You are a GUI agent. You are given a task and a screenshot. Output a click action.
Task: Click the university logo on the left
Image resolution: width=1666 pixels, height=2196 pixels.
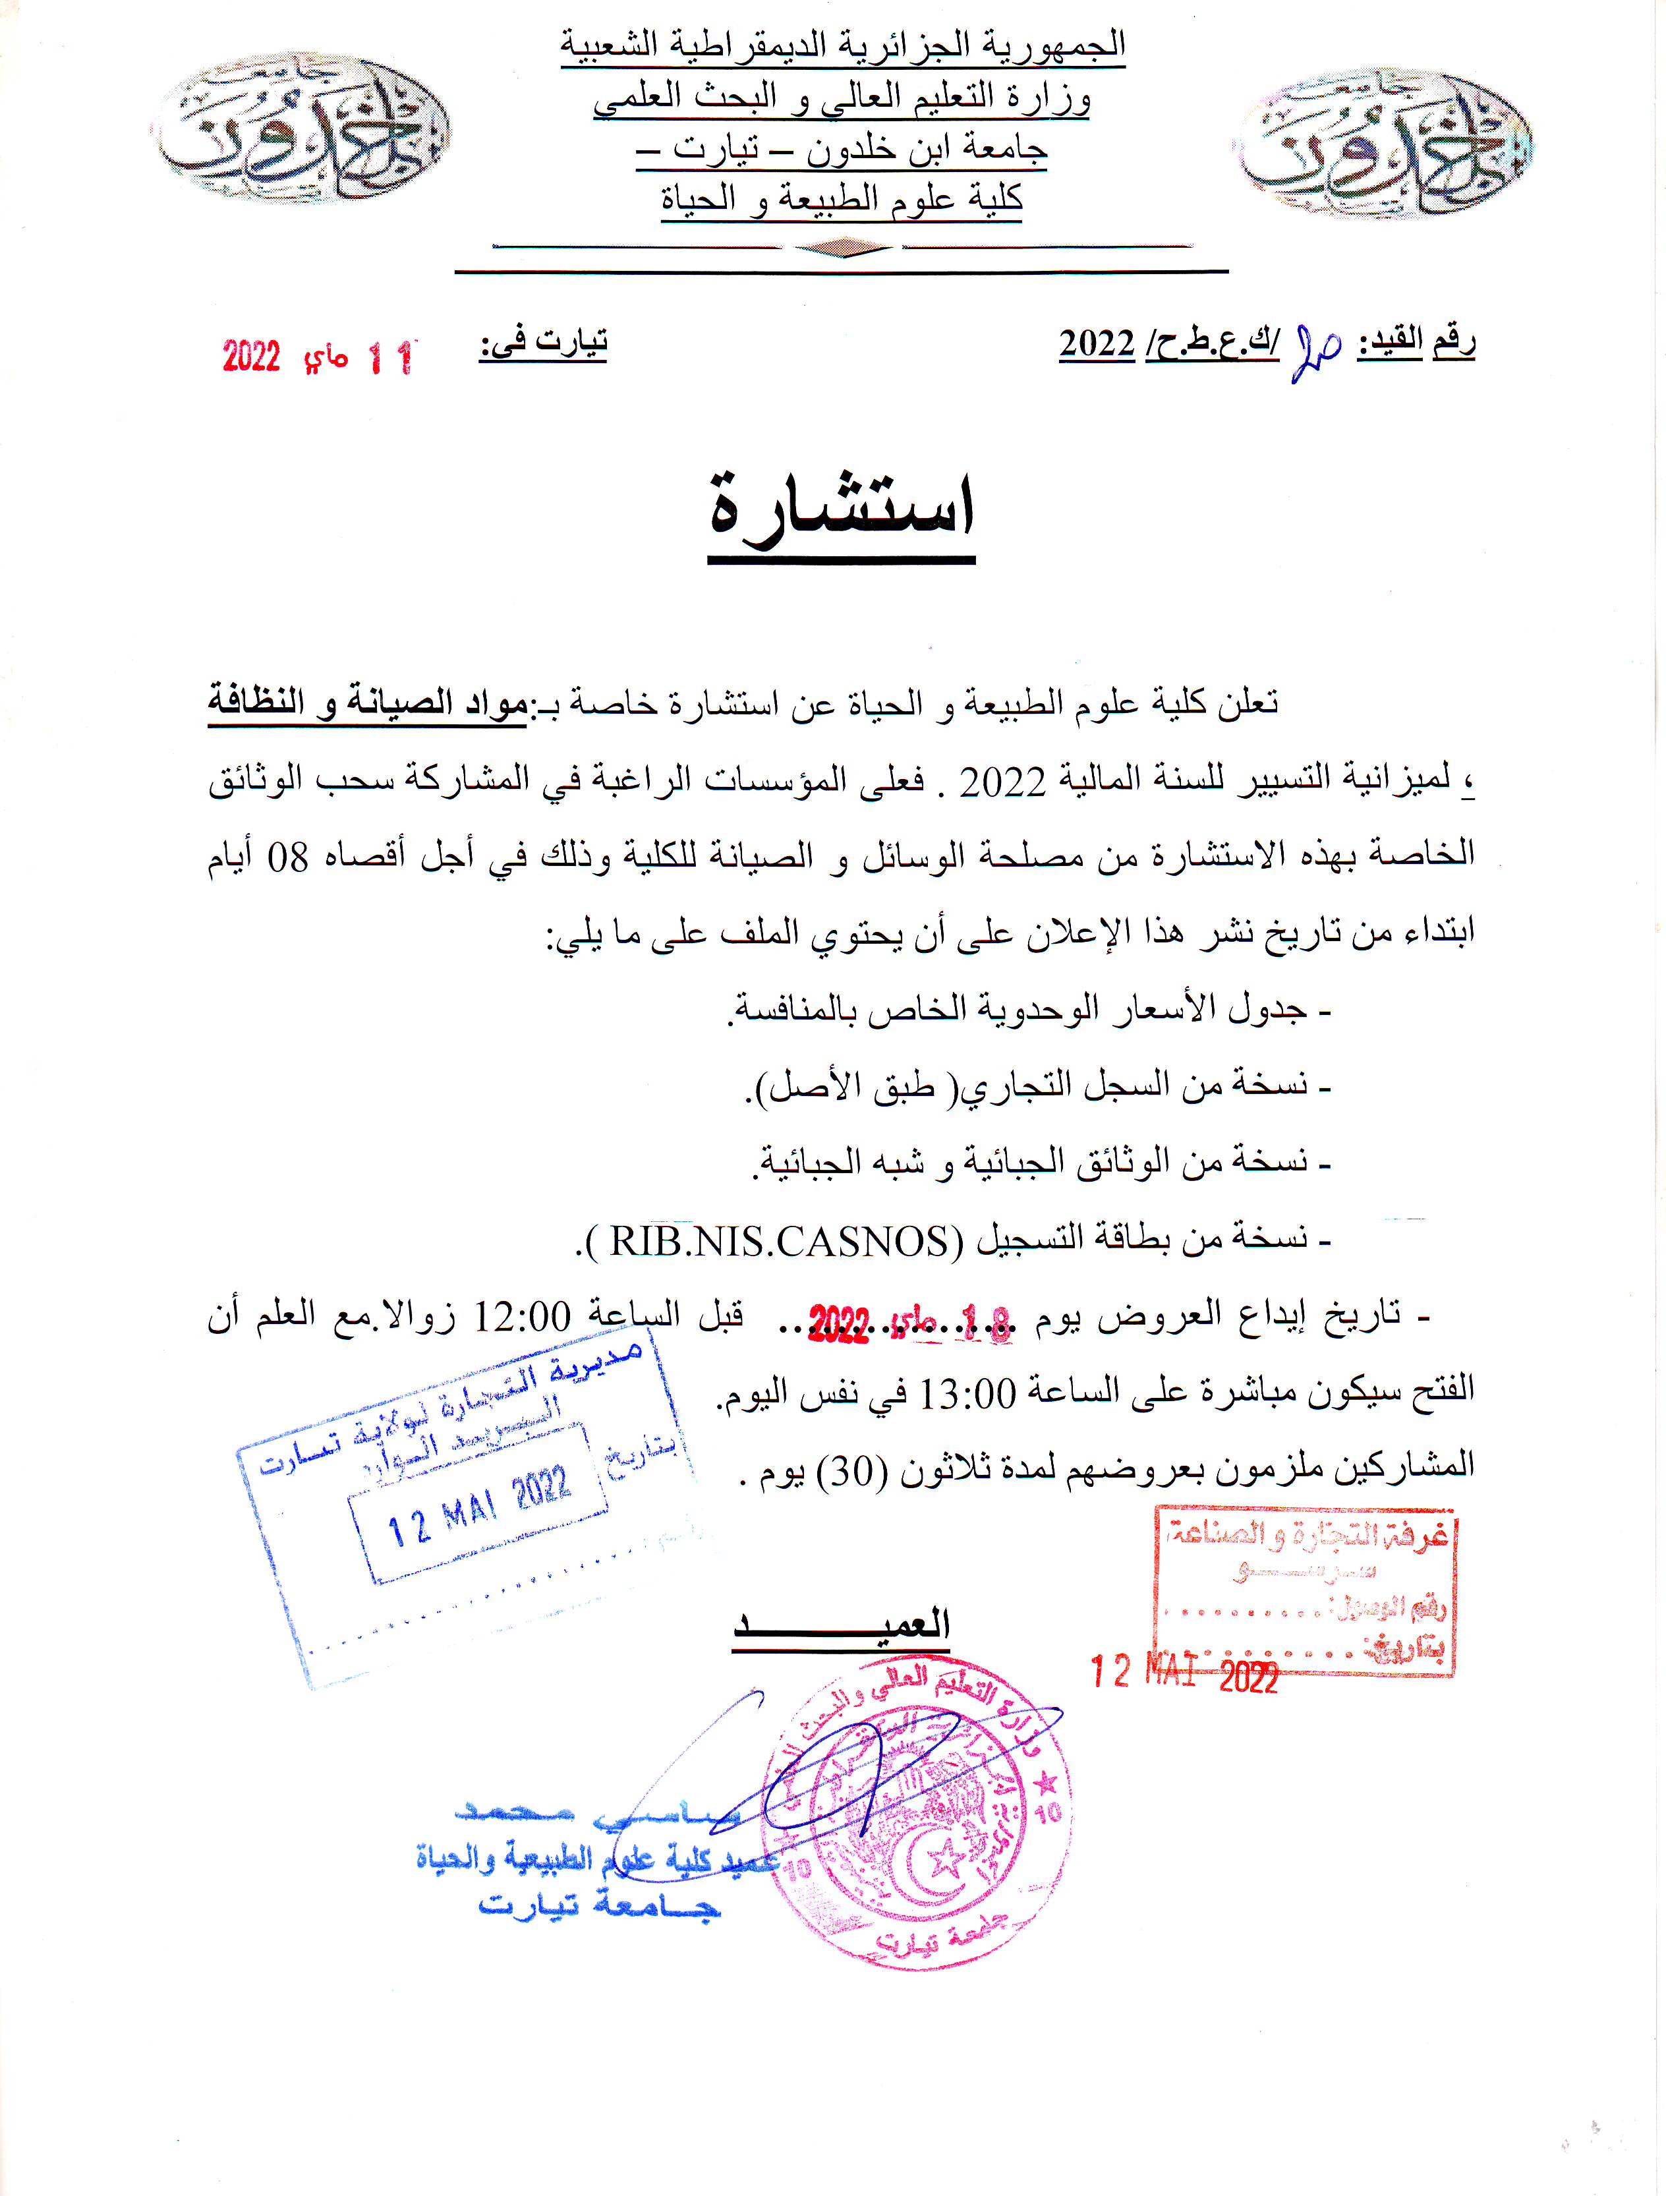(300, 129)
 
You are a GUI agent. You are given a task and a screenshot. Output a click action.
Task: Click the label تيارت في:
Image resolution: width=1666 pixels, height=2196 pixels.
(543, 343)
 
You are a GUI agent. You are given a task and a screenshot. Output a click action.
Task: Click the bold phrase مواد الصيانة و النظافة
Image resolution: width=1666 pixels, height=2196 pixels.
(367, 704)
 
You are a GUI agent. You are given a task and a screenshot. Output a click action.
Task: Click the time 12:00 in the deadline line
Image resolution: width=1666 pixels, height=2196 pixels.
(522, 1317)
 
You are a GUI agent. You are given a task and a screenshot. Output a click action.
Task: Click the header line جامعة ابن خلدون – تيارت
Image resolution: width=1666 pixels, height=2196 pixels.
(842, 149)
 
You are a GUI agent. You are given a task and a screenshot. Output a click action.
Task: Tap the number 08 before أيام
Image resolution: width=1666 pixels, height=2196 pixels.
(288, 857)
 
